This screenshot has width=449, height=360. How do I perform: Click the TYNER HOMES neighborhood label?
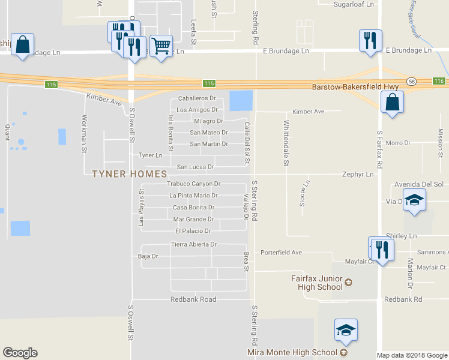click(129, 174)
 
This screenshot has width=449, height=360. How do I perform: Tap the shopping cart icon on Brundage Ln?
click(161, 46)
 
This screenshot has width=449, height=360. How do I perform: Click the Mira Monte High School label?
click(292, 352)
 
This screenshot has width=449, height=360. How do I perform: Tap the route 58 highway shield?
click(411, 81)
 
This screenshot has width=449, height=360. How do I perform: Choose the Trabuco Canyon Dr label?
click(194, 184)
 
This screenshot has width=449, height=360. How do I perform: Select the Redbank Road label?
click(193, 299)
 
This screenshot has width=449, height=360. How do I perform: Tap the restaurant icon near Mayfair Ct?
click(382, 248)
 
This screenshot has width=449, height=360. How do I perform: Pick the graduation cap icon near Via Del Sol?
click(414, 200)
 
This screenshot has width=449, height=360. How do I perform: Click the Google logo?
click(20, 353)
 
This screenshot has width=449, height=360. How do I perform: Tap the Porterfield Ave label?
click(280, 253)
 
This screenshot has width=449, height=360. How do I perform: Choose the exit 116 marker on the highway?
click(439, 81)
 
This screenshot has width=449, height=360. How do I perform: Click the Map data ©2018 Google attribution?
click(411, 355)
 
